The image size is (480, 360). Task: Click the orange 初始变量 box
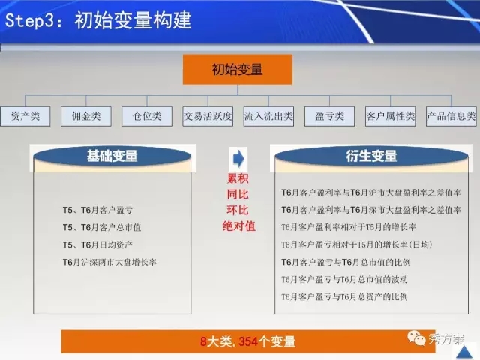[238, 70]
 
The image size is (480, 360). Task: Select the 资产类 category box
[25, 116]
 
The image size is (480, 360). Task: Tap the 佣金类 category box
[86, 116]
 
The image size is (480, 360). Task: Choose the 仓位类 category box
[147, 116]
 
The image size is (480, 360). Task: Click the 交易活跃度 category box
[208, 116]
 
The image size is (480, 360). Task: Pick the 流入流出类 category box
[268, 116]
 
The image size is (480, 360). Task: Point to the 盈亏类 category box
[330, 116]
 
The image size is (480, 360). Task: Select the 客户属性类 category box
[390, 116]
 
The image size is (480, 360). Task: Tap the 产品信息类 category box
[451, 116]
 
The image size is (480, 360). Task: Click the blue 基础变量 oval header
[112, 156]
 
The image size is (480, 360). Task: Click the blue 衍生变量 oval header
[372, 156]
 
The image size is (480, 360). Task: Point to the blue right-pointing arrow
[238, 158]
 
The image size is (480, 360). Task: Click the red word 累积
[238, 178]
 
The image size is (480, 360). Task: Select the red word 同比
[238, 194]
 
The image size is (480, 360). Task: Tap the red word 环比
[238, 210]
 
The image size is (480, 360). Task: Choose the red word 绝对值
[238, 226]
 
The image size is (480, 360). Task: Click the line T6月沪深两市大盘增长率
[109, 262]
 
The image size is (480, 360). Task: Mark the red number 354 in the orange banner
[248, 341]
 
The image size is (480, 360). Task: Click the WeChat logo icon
[416, 337]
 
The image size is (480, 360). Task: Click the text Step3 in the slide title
[30, 21]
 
